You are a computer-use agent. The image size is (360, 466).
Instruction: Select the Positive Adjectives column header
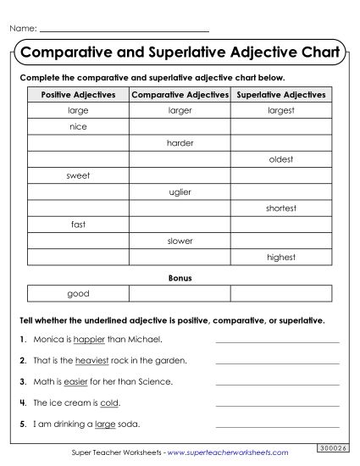coord(77,95)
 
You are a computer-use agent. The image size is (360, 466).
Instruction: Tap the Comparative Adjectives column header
coord(180,95)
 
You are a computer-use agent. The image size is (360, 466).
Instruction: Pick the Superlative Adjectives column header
coord(280,95)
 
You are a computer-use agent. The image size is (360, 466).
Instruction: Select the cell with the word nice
coord(77,127)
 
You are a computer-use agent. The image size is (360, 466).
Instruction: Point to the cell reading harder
coord(180,143)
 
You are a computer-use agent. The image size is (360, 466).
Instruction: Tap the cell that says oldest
coord(280,159)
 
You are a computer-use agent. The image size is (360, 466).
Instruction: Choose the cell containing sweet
coord(77,175)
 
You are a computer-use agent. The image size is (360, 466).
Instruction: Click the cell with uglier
coord(180,192)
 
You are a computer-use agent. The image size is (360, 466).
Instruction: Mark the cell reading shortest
coord(280,208)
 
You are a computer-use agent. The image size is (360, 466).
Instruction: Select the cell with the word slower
coord(180,241)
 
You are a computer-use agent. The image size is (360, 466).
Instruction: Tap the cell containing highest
coord(280,257)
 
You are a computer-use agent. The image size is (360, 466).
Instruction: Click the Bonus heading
coord(180,277)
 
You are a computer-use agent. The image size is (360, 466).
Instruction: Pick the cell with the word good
coord(77,293)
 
